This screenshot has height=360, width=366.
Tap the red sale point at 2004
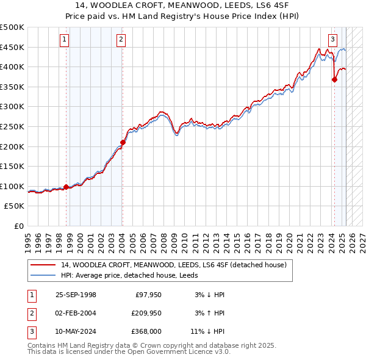(123, 143)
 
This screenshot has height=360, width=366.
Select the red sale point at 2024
(334, 80)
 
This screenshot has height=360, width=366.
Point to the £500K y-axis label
(12, 27)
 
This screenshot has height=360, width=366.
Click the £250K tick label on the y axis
(12, 126)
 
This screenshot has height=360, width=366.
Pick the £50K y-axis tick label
(15, 206)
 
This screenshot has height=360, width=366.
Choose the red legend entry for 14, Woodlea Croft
(169, 265)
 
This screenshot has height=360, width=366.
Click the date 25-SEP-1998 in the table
(76, 295)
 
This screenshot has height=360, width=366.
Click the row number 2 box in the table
(31, 313)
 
